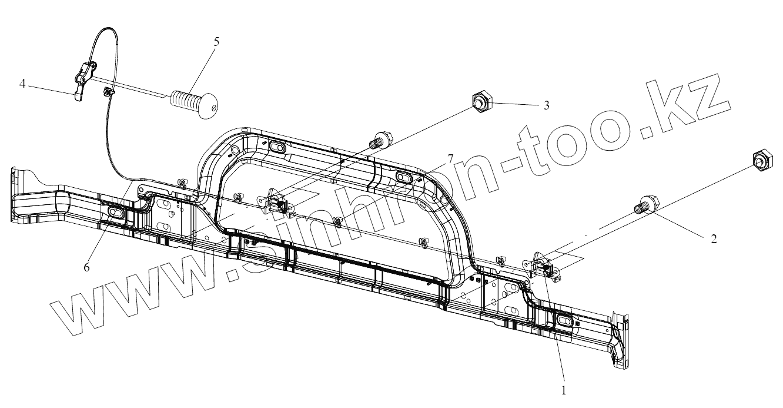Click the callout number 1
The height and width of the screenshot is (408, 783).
[x=564, y=390]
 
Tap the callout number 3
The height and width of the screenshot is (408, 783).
[x=546, y=105]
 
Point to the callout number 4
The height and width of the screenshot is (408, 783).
[x=22, y=84]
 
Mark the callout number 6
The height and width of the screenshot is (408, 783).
[x=86, y=267]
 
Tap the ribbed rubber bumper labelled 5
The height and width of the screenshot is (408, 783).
[x=193, y=104]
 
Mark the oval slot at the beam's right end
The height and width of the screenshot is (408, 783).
[x=564, y=321]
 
